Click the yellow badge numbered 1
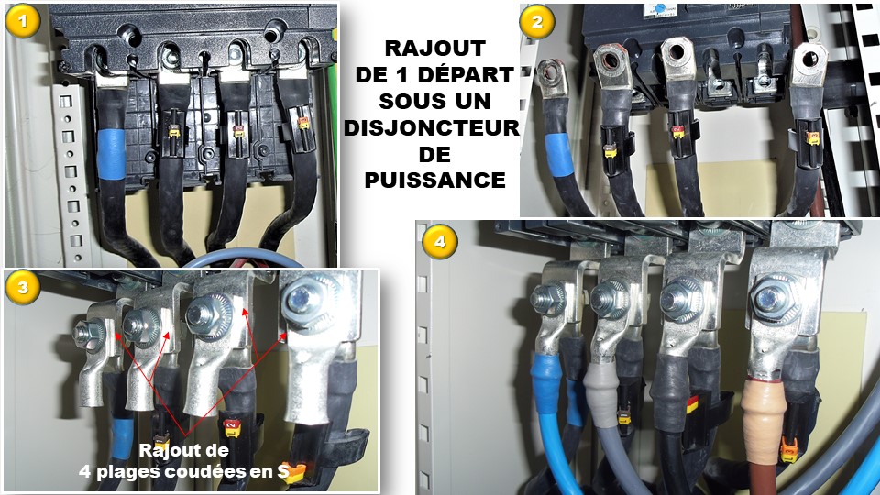[22, 22]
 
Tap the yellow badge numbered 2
[537, 22]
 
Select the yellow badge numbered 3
[22, 288]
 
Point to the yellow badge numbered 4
[439, 242]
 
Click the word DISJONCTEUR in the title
[432, 128]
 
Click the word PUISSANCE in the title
[434, 181]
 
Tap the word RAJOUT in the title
[434, 49]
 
